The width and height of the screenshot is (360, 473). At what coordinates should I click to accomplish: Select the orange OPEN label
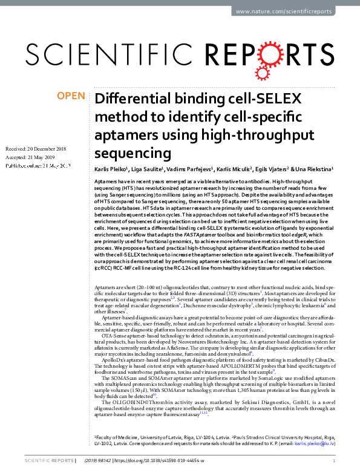click(71, 96)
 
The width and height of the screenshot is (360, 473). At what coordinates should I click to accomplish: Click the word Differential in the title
click(134, 100)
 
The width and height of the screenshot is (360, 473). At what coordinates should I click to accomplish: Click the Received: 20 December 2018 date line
click(35, 149)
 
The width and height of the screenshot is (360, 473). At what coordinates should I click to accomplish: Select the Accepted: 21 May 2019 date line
click(30, 157)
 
